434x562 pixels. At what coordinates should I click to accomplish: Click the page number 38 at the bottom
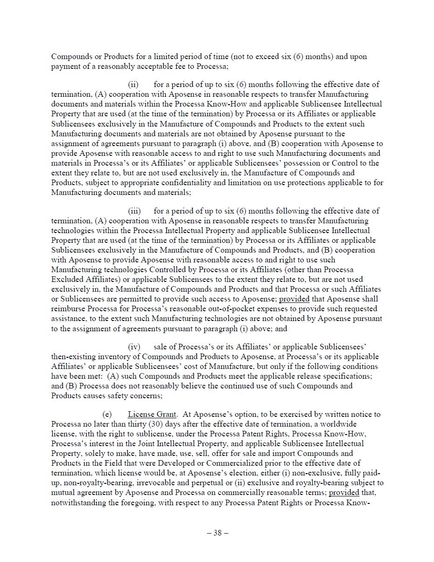point(217,533)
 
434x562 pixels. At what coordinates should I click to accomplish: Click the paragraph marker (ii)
point(133,84)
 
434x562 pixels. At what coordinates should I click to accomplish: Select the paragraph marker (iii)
point(134,211)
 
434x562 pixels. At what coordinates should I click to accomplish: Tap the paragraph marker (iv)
point(134,347)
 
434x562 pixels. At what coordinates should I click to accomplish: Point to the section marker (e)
point(107,414)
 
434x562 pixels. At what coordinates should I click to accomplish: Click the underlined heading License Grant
point(152,414)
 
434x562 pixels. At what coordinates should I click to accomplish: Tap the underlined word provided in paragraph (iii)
point(294,299)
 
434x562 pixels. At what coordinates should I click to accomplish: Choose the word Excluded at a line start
point(66,279)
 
